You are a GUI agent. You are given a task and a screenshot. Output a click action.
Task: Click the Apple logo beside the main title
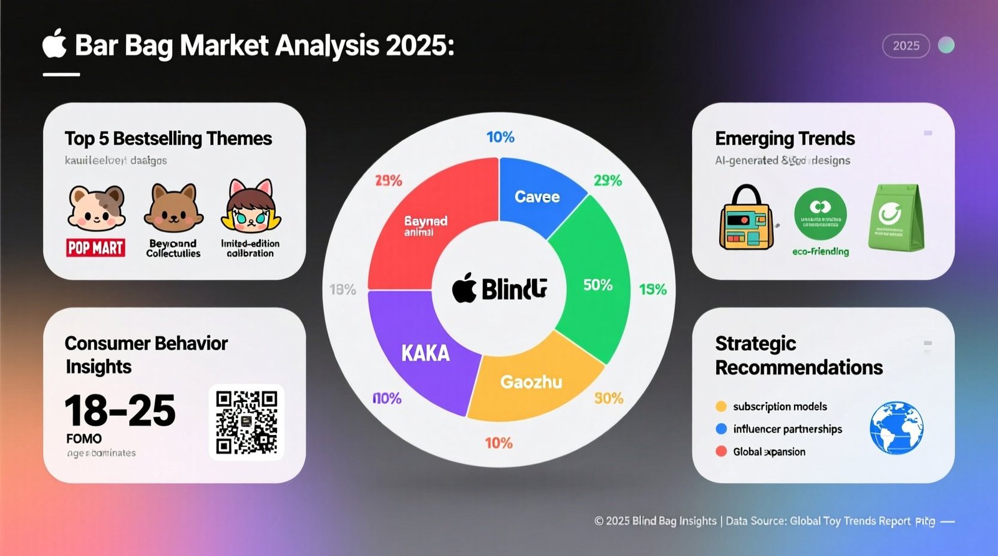[55, 44]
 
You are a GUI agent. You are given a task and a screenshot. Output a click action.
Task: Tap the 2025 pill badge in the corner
[906, 46]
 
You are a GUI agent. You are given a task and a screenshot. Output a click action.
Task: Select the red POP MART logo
[95, 247]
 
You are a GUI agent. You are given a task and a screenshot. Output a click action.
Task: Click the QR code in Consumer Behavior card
[246, 422]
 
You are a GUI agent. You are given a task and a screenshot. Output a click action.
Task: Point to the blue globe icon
[896, 428]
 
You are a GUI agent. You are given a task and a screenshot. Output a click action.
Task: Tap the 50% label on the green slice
[598, 285]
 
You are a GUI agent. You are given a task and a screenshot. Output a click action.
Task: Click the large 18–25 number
[120, 411]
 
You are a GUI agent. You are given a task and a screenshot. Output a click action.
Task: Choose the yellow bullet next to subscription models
[721, 406]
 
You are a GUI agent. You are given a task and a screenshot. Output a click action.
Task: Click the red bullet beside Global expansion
[721, 451]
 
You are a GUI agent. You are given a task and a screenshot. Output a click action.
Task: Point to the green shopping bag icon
[896, 218]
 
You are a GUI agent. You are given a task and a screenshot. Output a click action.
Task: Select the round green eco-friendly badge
[820, 214]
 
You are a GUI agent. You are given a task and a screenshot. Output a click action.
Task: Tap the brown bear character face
[173, 208]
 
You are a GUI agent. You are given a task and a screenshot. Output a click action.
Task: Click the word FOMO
[84, 438]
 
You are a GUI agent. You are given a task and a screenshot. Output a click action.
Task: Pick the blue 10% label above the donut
[500, 137]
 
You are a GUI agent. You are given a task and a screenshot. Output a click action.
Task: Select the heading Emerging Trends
[785, 138]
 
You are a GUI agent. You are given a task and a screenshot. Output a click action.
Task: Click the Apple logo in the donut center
[464, 289]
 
